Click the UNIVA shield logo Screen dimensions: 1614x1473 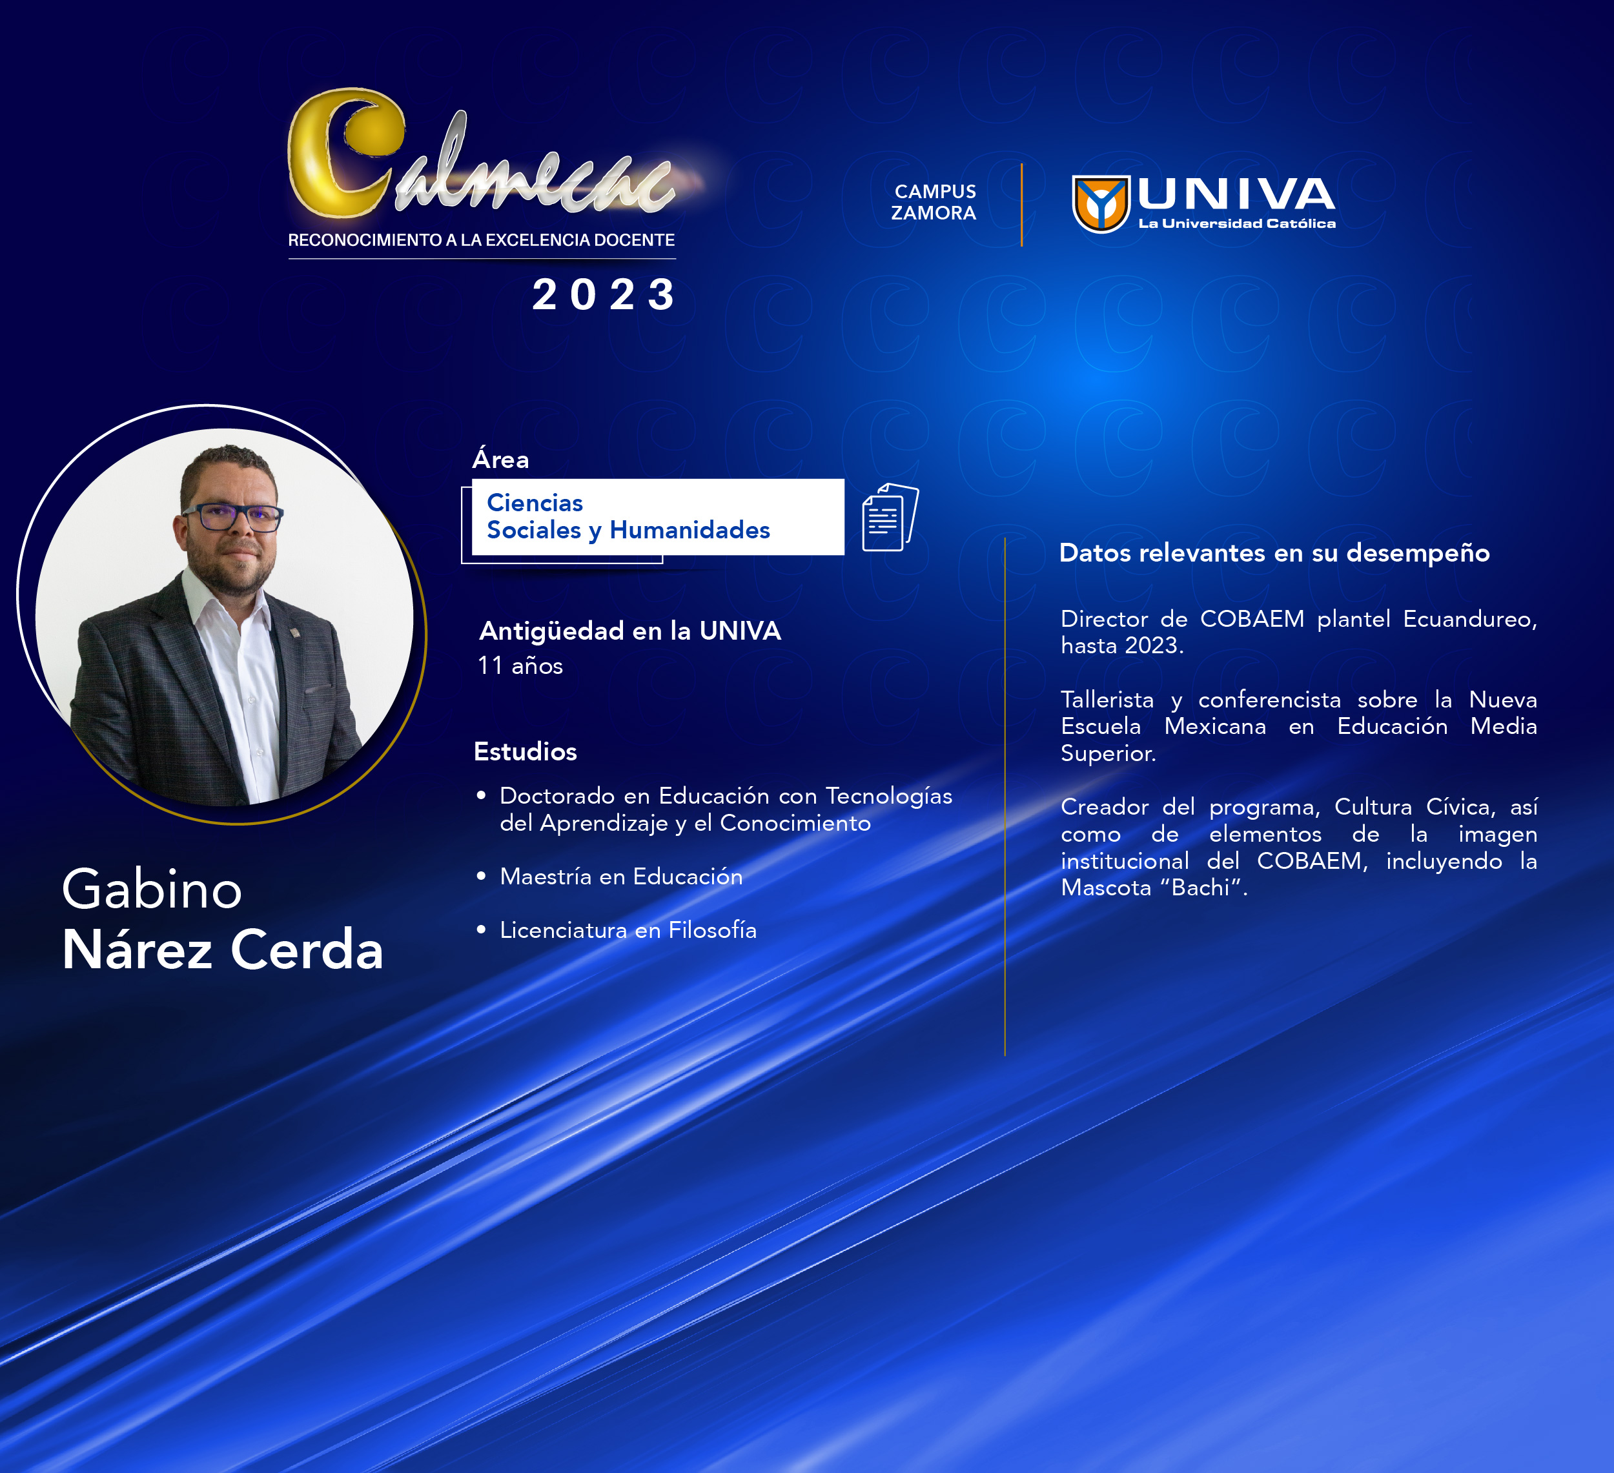pyautogui.click(x=1101, y=204)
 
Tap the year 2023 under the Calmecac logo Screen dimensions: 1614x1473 pyautogui.click(x=604, y=294)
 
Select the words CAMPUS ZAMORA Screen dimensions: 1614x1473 pyautogui.click(x=934, y=202)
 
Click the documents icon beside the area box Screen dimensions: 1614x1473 pyautogui.click(x=890, y=517)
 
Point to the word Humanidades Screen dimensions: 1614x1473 pyautogui.click(x=690, y=530)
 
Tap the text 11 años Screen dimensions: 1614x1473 pyautogui.click(x=520, y=665)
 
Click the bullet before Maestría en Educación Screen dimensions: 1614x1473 pyautogui.click(x=481, y=876)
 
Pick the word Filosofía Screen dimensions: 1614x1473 pyautogui.click(x=713, y=930)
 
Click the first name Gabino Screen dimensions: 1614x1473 pyautogui.click(x=152, y=889)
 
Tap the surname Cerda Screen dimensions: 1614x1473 pyautogui.click(x=307, y=950)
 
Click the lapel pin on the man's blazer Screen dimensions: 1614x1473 pyautogui.click(x=294, y=633)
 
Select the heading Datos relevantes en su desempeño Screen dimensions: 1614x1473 pyautogui.click(x=1274, y=553)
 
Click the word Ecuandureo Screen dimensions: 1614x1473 pyautogui.click(x=1470, y=619)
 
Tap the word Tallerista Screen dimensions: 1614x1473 pyautogui.click(x=1107, y=700)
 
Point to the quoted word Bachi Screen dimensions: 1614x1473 pyautogui.click(x=1200, y=887)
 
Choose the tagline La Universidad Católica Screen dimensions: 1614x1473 pyautogui.click(x=1237, y=223)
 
